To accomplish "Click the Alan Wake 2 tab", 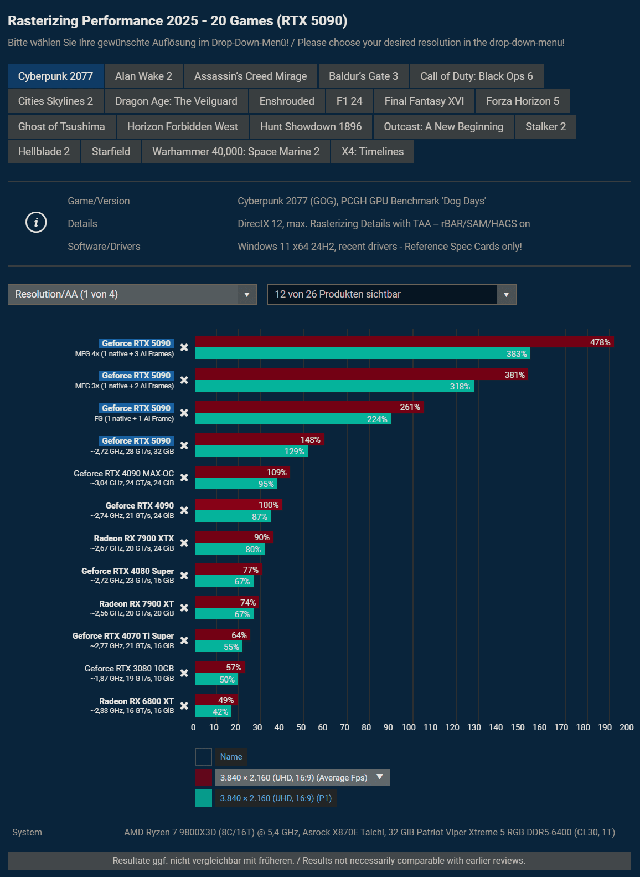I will pyautogui.click(x=143, y=76).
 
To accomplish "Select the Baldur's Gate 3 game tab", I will pyautogui.click(x=363, y=76).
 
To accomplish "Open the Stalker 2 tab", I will pyautogui.click(x=545, y=126).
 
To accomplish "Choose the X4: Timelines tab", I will pyautogui.click(x=373, y=152).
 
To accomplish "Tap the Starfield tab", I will pyautogui.click(x=111, y=152).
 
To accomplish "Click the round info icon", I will pyautogui.click(x=36, y=223).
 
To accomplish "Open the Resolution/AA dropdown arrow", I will pyautogui.click(x=247, y=295).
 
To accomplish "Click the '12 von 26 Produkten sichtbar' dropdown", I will pyautogui.click(x=391, y=295).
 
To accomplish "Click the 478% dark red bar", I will pyautogui.click(x=404, y=342).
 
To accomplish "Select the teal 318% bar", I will pyautogui.click(x=334, y=386).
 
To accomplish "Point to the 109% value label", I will pyautogui.click(x=277, y=472).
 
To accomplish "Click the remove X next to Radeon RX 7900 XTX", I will pyautogui.click(x=184, y=543).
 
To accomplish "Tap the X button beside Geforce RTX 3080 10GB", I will pyautogui.click(x=184, y=673).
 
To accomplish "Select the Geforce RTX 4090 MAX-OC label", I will pyautogui.click(x=123, y=474).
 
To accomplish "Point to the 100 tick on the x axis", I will pyautogui.click(x=409, y=727).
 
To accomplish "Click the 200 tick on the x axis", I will pyautogui.click(x=627, y=727).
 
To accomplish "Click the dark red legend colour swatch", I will pyautogui.click(x=203, y=778).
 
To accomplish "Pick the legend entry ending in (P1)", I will pyautogui.click(x=276, y=798).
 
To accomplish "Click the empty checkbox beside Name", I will pyautogui.click(x=203, y=757).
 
